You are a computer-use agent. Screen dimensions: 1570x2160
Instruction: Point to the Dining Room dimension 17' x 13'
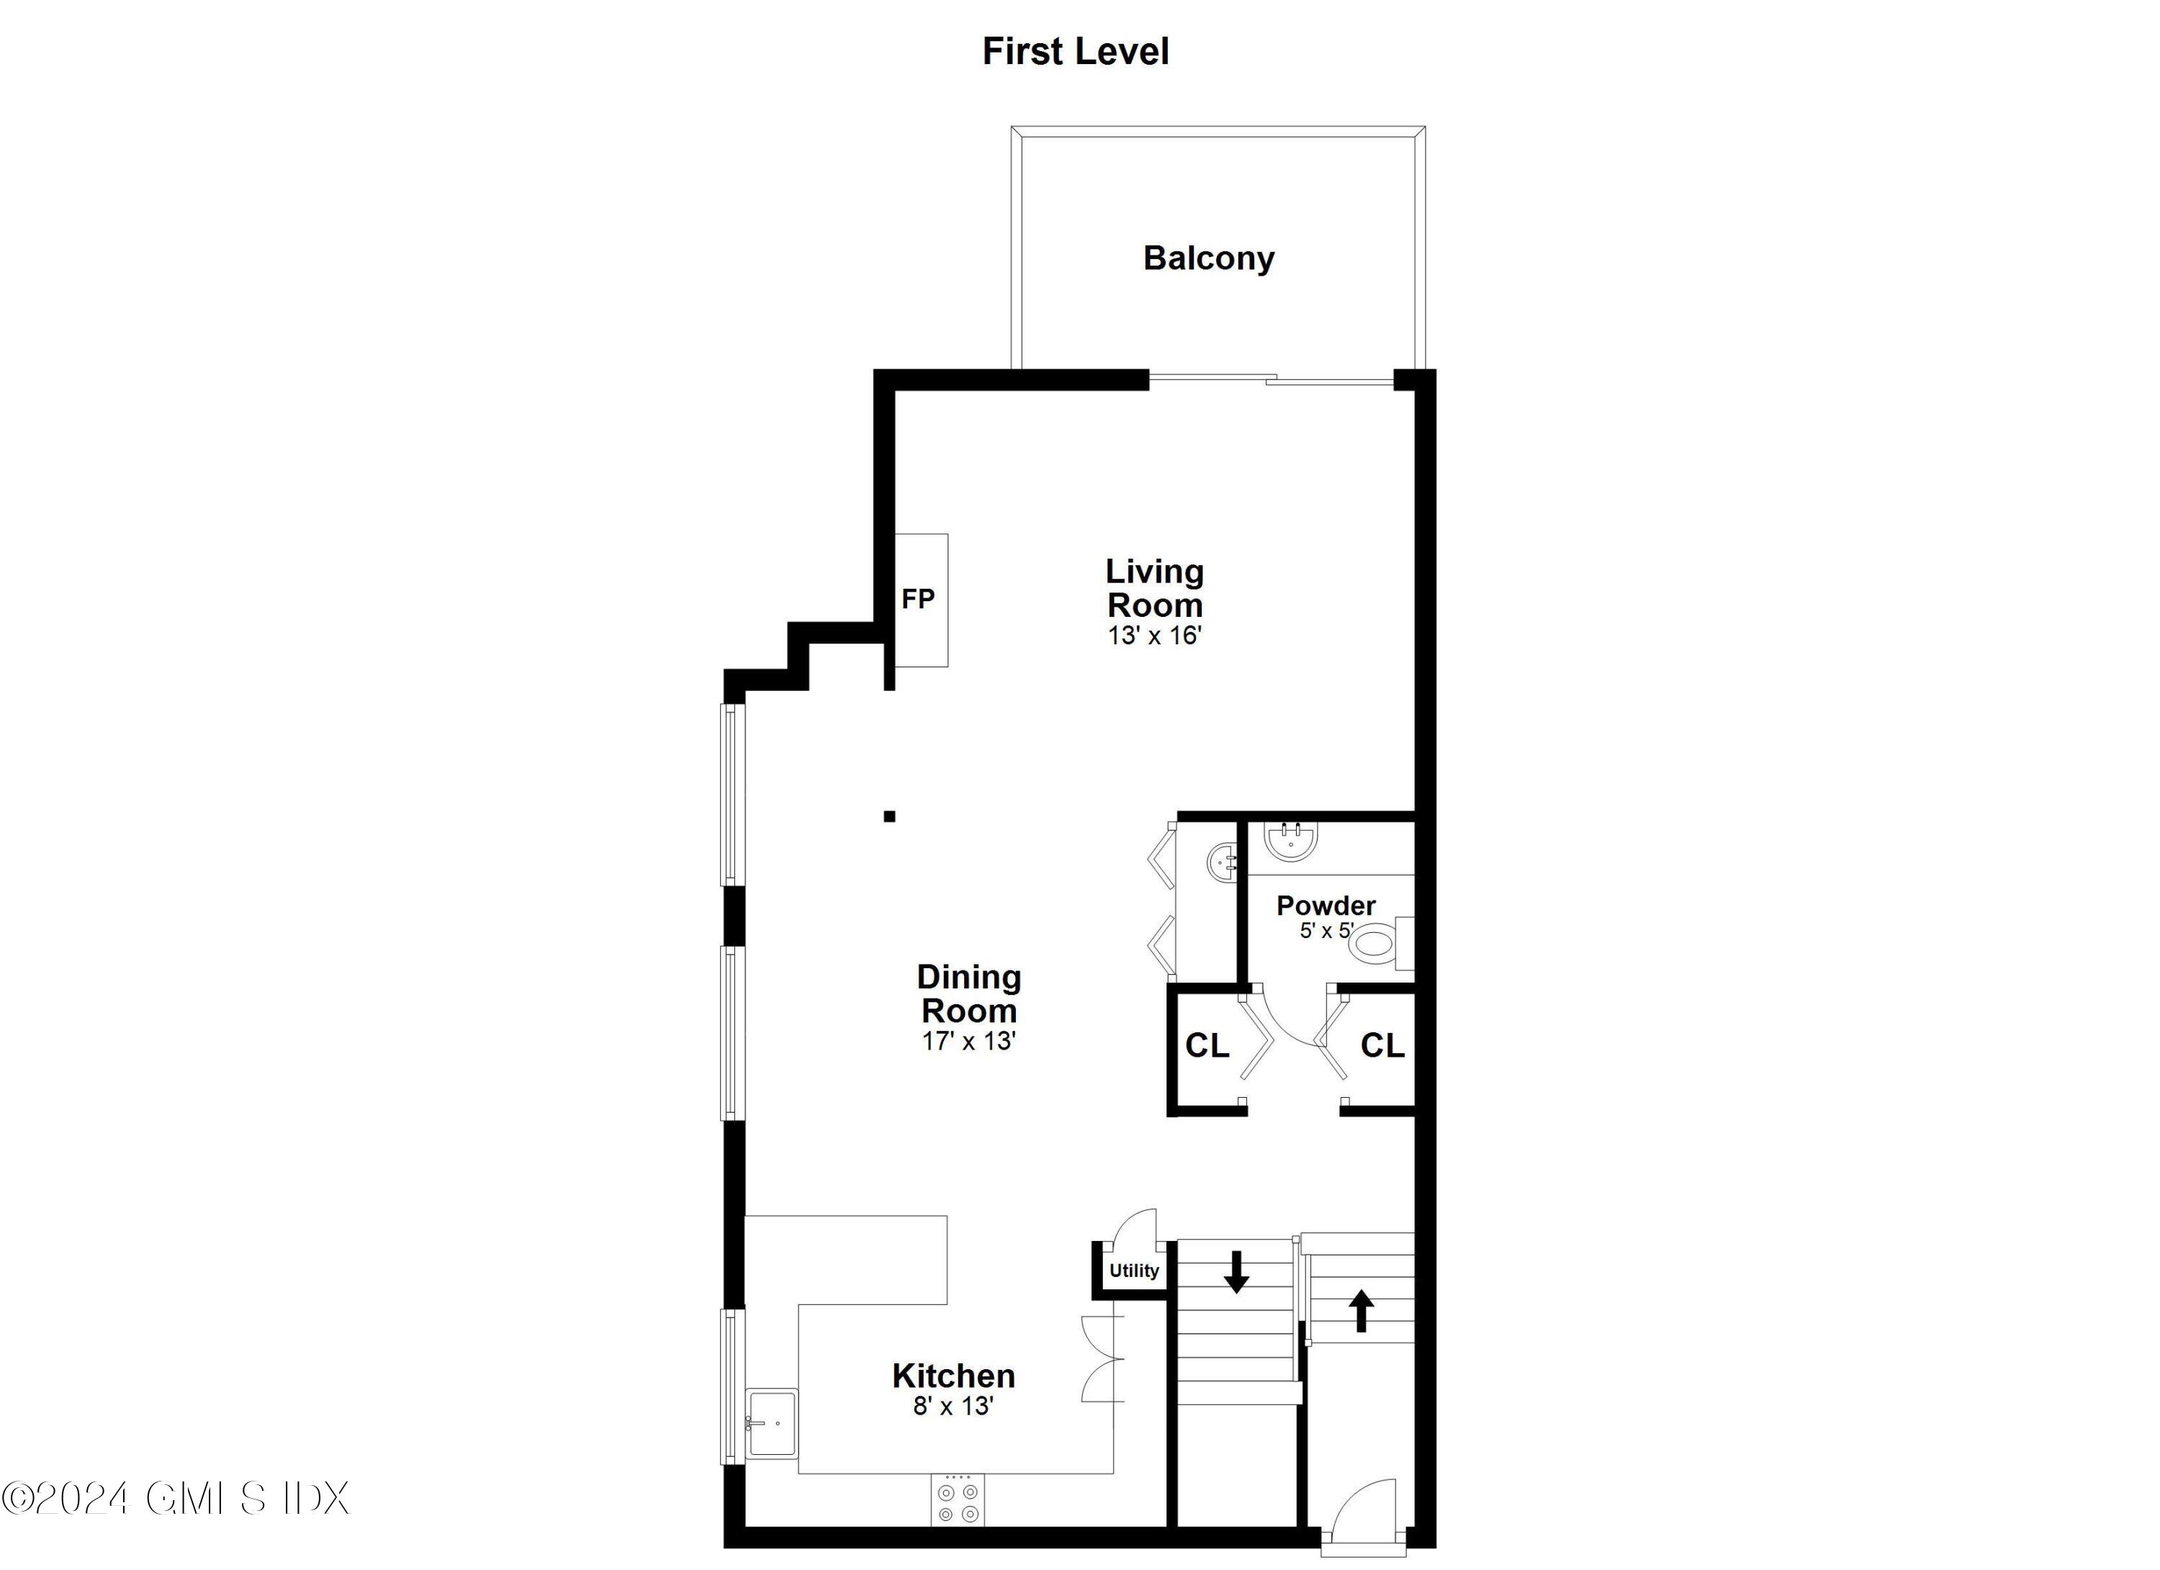click(968, 1041)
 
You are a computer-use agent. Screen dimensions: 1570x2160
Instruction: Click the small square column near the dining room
click(889, 816)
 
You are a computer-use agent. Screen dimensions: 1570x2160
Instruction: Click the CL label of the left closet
click(1207, 1045)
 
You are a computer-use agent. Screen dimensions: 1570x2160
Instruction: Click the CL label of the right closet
click(1382, 1045)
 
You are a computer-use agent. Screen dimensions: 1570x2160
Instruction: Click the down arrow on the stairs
click(1236, 1272)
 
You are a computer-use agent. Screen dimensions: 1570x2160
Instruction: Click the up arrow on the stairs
click(1362, 1310)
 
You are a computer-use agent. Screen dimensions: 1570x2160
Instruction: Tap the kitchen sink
click(771, 1422)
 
